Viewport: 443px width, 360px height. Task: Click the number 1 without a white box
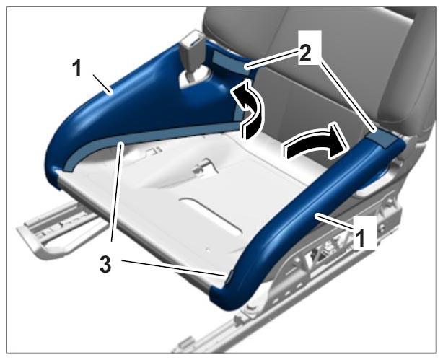pyautogui.click(x=76, y=69)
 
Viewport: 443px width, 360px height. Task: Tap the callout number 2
pyautogui.click(x=305, y=53)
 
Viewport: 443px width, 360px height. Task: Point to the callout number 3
pyautogui.click(x=105, y=265)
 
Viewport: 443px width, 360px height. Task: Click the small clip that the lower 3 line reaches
pyautogui.click(x=228, y=276)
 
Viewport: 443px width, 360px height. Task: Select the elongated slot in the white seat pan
pyautogui.click(x=211, y=216)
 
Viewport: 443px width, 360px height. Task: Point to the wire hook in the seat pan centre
pyautogui.click(x=204, y=168)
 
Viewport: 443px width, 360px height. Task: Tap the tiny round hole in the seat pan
pyautogui.click(x=208, y=250)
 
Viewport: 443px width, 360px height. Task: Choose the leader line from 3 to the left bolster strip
pyautogui.click(x=117, y=192)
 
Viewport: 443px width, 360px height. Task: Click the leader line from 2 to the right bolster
pyautogui.click(x=348, y=94)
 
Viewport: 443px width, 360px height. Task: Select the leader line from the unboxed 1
pyautogui.click(x=102, y=84)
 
